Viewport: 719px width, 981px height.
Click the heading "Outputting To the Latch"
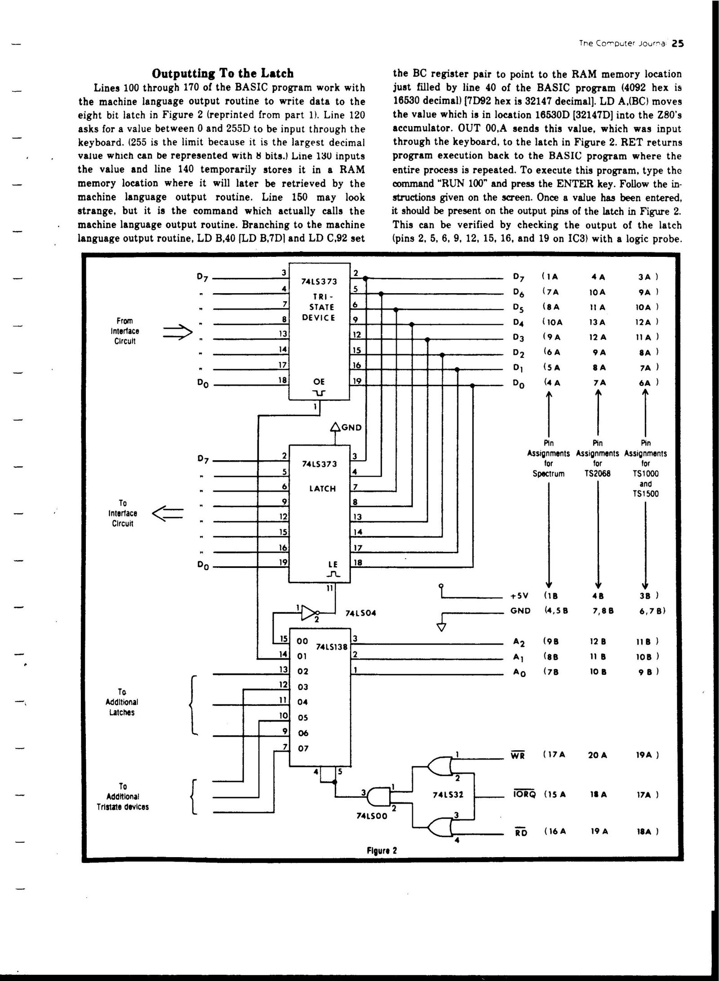(222, 73)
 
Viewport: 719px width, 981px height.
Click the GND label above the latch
(351, 427)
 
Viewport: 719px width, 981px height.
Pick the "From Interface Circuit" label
(125, 331)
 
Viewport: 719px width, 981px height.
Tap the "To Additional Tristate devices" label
(123, 796)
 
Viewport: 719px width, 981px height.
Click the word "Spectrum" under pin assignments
(548, 473)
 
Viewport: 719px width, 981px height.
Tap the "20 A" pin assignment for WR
(597, 755)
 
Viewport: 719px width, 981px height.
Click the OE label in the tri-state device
(319, 382)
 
